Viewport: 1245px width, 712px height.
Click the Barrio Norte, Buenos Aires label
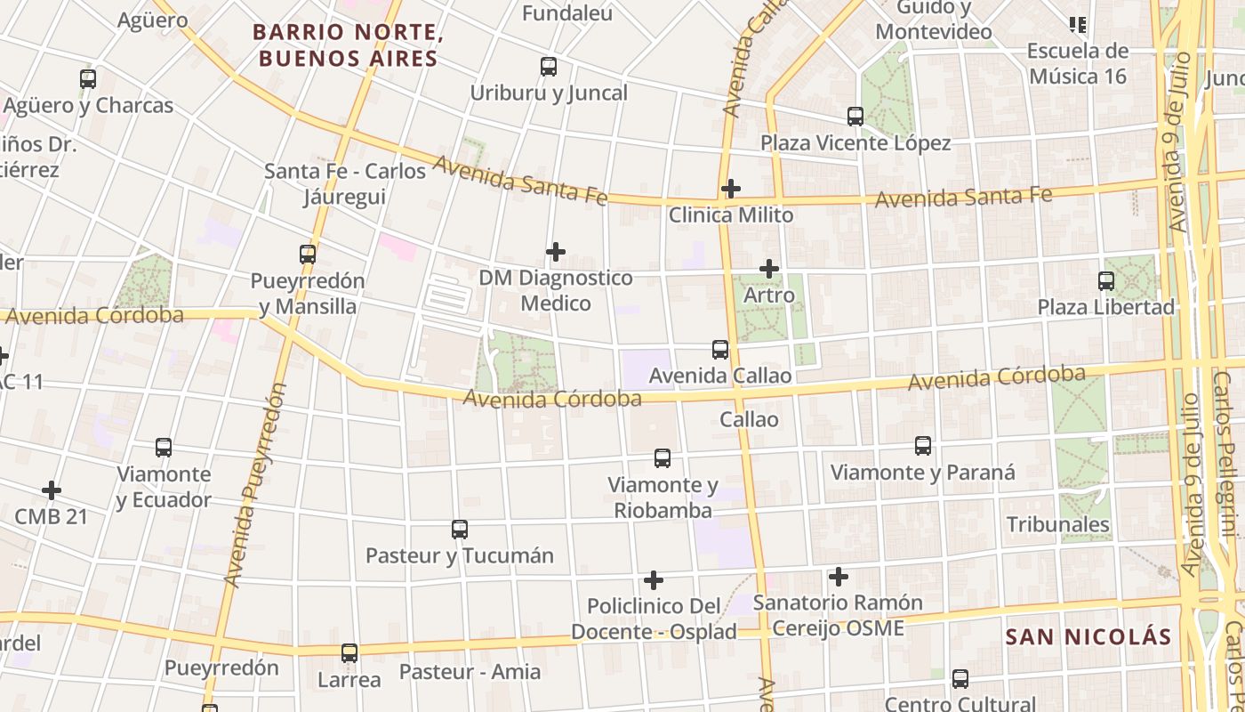tap(348, 46)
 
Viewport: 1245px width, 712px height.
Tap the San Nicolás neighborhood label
tap(1088, 636)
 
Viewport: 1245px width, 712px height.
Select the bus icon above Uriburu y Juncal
tap(549, 67)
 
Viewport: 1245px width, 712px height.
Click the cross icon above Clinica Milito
tap(731, 189)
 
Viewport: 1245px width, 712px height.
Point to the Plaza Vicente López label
tap(855, 143)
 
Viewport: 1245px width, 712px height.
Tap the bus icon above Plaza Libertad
tap(1106, 281)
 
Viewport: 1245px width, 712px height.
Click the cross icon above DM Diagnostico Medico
tap(556, 252)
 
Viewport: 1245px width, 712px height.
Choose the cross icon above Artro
tap(769, 268)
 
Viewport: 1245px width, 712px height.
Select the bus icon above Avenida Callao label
tap(720, 350)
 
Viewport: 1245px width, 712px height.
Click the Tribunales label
tap(1058, 524)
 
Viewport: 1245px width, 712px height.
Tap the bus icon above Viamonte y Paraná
tap(923, 446)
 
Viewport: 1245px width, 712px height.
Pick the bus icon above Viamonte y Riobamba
tap(663, 458)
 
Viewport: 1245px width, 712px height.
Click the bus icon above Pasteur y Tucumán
tap(460, 530)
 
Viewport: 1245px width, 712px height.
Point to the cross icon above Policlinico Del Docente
tap(654, 580)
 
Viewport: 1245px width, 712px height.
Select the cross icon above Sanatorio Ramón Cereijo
tap(838, 577)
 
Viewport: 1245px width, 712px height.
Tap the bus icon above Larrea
tap(349, 653)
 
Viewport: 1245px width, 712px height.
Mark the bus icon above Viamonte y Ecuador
tap(164, 448)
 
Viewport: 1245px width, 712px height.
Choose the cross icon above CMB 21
tap(52, 490)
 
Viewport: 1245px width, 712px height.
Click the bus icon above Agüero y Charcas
tap(88, 78)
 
